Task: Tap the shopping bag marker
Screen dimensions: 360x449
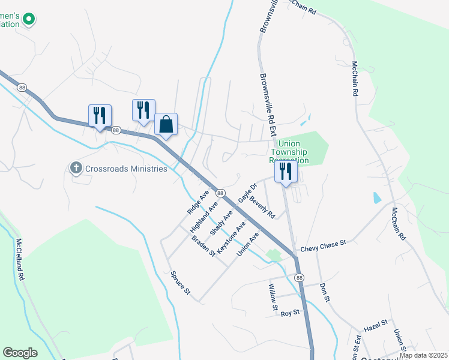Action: coord(166,125)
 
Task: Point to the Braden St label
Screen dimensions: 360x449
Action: coord(203,245)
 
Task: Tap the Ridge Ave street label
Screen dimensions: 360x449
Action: coord(197,203)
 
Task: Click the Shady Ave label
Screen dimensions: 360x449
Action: coord(221,223)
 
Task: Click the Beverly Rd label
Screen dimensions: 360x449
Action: coord(262,207)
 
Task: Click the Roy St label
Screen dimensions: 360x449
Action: coord(290,313)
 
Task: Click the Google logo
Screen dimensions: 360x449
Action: coord(20,353)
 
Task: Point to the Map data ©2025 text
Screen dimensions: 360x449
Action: coord(423,355)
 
